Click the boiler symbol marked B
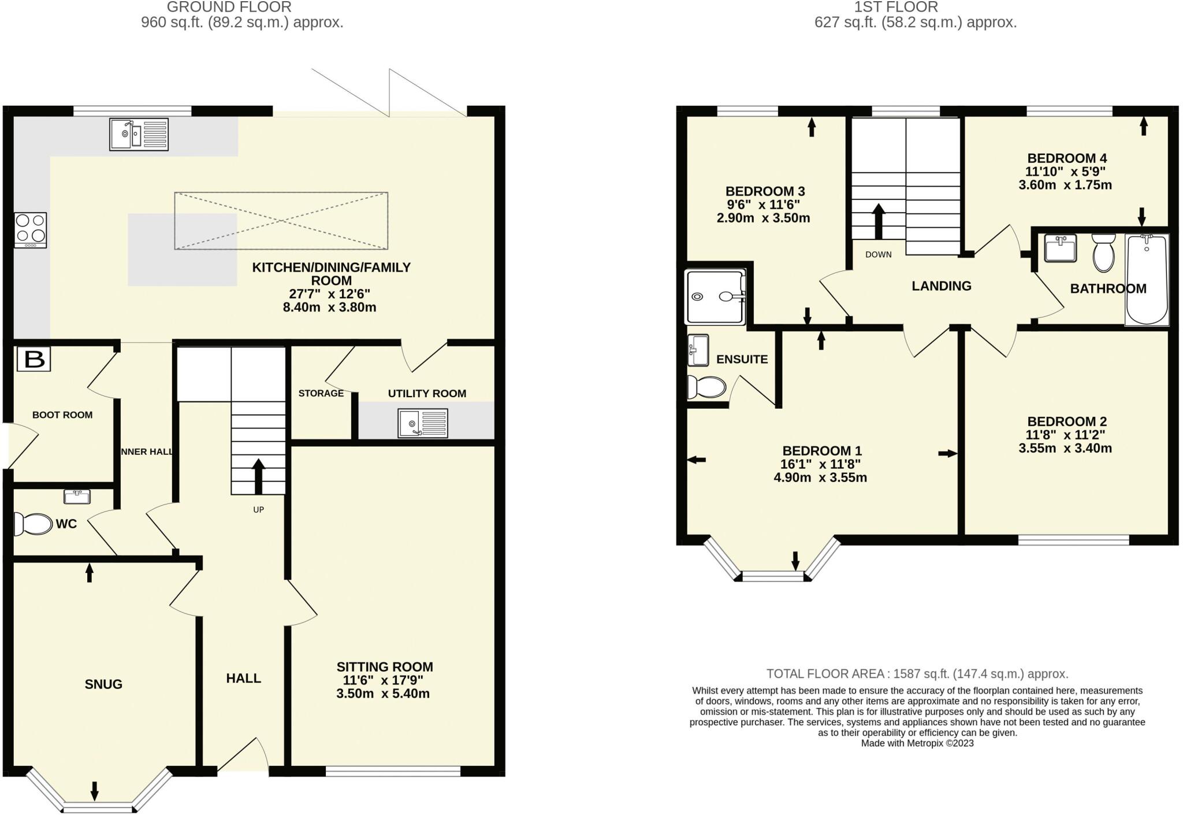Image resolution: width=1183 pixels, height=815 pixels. point(34,360)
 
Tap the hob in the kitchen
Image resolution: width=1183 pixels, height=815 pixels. point(31,229)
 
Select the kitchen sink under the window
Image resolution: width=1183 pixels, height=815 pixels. point(139,135)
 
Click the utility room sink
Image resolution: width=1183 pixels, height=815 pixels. point(422,423)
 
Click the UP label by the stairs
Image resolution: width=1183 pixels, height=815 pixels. point(258,510)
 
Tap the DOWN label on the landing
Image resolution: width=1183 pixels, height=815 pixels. point(878,254)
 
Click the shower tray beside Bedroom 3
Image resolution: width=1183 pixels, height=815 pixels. point(715,297)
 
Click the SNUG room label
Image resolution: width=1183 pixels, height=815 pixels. point(103,684)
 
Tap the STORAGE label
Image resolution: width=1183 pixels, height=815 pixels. point(321,394)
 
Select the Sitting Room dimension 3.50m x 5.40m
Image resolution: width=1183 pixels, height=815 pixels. point(383,694)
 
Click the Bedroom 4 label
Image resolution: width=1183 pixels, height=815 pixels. point(1067,158)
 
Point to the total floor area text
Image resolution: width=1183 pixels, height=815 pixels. point(917,674)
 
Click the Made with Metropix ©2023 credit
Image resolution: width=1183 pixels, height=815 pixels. point(917,743)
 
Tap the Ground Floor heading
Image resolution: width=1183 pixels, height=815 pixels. point(229,8)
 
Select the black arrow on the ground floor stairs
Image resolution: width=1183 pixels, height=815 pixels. point(258,476)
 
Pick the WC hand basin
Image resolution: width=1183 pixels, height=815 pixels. point(77,497)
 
